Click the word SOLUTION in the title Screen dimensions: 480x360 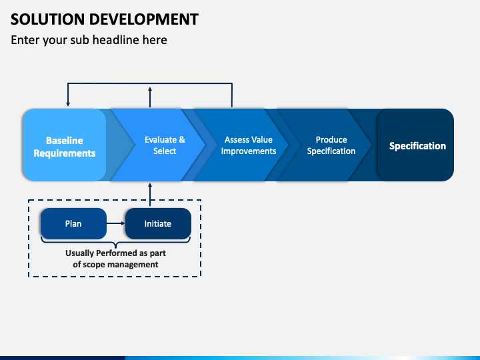point(47,19)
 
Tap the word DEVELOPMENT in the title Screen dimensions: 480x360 point(144,19)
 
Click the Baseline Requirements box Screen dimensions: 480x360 point(65,145)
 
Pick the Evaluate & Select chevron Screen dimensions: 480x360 point(159,145)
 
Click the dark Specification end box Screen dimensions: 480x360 point(416,145)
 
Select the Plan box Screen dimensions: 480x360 point(73,223)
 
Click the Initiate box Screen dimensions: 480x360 point(158,223)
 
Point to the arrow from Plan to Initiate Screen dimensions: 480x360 point(116,223)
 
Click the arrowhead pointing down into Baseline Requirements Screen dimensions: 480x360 point(68,104)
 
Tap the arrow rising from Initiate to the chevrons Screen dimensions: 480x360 point(150,195)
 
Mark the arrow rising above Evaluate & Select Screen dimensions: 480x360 point(150,97)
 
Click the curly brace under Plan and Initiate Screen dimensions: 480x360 point(116,243)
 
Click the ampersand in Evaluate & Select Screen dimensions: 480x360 point(182,139)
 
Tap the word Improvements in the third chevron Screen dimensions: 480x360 point(249,151)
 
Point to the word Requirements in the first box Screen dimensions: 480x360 point(65,153)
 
